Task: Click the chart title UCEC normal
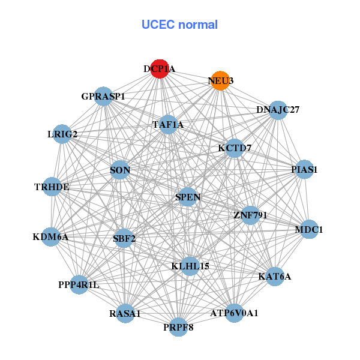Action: (x=179, y=25)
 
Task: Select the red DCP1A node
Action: (x=160, y=69)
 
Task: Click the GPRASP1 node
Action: (x=104, y=97)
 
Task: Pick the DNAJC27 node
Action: (x=277, y=110)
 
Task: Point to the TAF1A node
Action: (x=168, y=125)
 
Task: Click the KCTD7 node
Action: (x=235, y=148)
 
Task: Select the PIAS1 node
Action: (x=305, y=169)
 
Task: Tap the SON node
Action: (x=120, y=170)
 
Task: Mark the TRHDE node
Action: (x=52, y=187)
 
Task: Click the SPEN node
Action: (x=188, y=197)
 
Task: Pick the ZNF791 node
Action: (x=250, y=215)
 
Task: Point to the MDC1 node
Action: (x=309, y=229)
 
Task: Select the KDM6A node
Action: (x=51, y=237)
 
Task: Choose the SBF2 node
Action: (x=124, y=238)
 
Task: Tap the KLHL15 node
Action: (x=190, y=266)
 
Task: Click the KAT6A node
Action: (x=274, y=277)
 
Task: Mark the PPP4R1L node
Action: (x=79, y=284)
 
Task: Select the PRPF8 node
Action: (x=178, y=327)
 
